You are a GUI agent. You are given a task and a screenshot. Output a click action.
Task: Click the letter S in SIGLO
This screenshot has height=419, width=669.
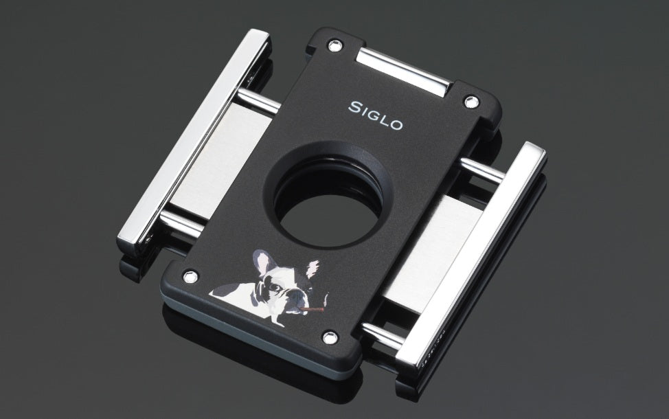pos(355,107)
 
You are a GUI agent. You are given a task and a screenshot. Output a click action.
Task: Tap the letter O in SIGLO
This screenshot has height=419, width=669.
pos(396,124)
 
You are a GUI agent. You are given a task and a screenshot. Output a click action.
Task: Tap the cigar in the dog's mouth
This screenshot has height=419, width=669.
pos(311,308)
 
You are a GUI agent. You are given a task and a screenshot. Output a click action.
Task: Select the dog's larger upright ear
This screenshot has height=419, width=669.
pos(262,262)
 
